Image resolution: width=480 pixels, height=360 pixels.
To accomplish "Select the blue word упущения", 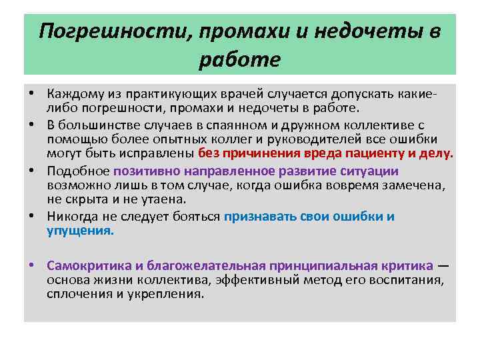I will point(80,230).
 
